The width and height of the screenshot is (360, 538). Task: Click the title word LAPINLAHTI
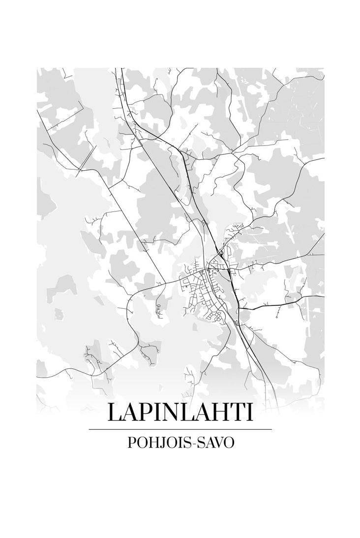180,412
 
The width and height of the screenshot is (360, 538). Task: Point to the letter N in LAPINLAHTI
174,412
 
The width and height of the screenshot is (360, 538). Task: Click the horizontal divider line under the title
180,429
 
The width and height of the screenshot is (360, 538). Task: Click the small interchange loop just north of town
222,254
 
